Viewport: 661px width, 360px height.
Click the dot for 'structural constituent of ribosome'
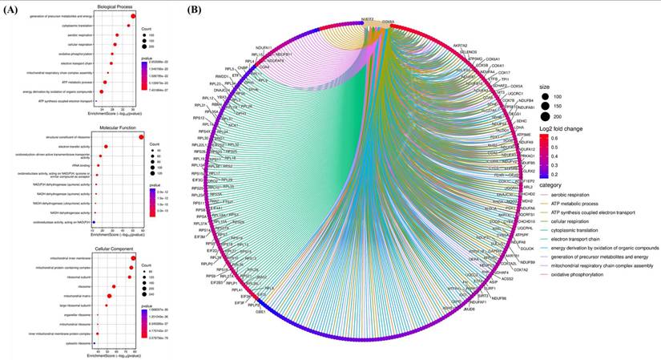141,138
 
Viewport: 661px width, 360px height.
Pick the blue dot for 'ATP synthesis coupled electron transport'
95,101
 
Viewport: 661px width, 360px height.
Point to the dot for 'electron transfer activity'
107,147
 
